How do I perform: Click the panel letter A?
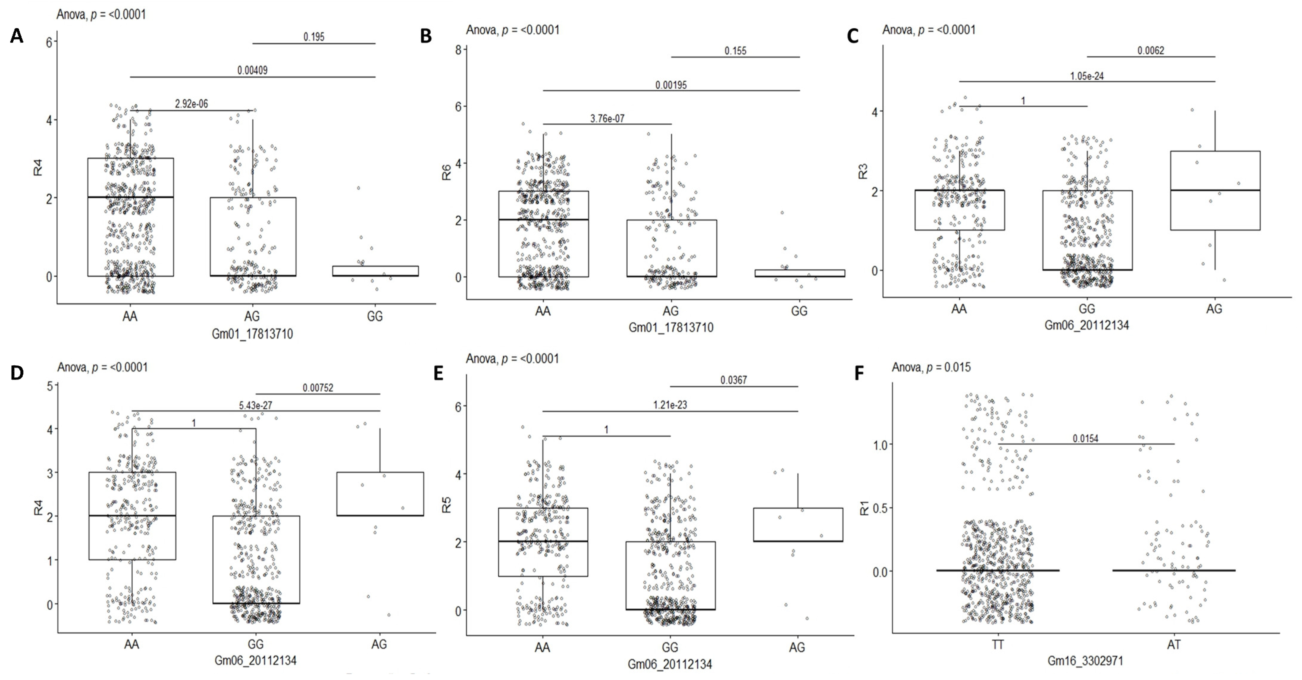pos(17,36)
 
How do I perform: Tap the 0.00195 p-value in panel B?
pos(671,85)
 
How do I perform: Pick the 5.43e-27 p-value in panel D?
pos(255,405)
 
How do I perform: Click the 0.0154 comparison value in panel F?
pos(1086,439)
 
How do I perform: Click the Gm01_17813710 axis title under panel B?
pos(671,327)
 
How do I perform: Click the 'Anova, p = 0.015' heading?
pos(931,367)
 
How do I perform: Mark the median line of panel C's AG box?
pos(1214,190)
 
